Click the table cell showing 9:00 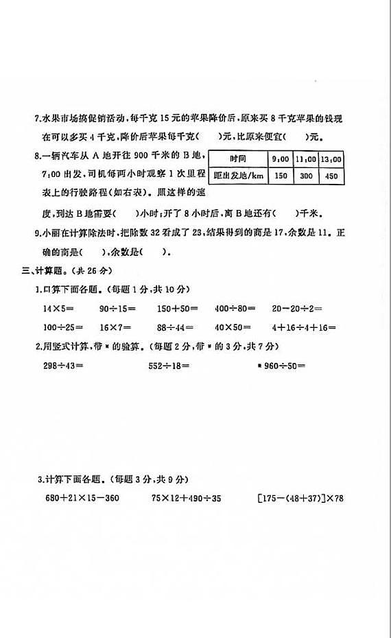point(279,159)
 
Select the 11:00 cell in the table point(306,159)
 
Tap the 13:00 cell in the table point(331,159)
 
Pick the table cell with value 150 point(279,176)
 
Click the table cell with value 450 point(331,176)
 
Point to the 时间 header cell point(238,159)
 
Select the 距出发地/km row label point(238,176)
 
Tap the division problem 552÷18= point(169,365)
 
